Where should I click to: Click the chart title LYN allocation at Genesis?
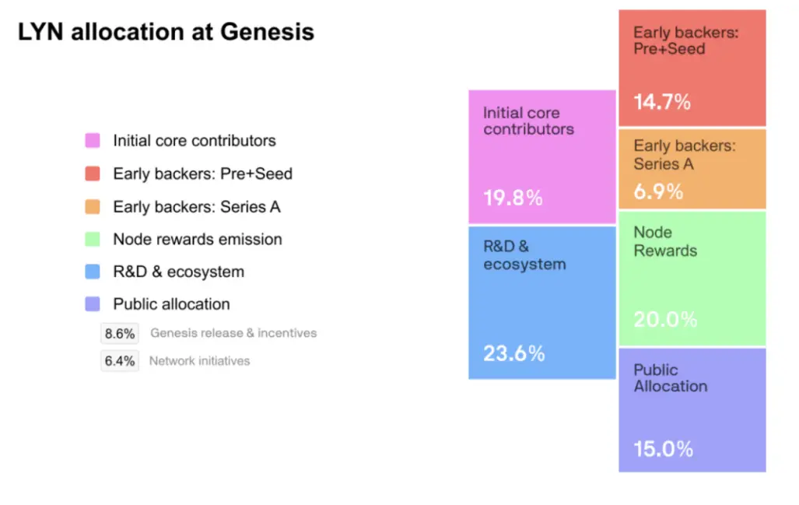pyautogui.click(x=166, y=32)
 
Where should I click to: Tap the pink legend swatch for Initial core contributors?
pyautogui.click(x=93, y=141)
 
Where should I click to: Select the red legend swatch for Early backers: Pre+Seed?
pyautogui.click(x=93, y=174)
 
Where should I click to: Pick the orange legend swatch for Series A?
pyautogui.click(x=93, y=206)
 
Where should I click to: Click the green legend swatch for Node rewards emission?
pyautogui.click(x=93, y=239)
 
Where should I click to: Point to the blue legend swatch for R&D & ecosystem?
pyautogui.click(x=93, y=272)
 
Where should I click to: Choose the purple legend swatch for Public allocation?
pyautogui.click(x=93, y=304)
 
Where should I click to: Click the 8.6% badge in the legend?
pyautogui.click(x=120, y=333)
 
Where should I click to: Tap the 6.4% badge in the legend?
pyautogui.click(x=120, y=361)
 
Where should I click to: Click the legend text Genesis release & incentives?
pyautogui.click(x=233, y=333)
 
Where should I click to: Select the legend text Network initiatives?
pyautogui.click(x=199, y=361)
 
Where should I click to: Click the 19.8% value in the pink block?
pyautogui.click(x=513, y=198)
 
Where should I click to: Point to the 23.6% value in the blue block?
pyautogui.click(x=513, y=353)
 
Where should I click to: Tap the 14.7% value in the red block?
pyautogui.click(x=662, y=102)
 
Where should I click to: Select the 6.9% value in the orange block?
pyautogui.click(x=658, y=191)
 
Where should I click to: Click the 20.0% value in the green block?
pyautogui.click(x=665, y=319)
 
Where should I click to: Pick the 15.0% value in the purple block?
pyautogui.click(x=663, y=449)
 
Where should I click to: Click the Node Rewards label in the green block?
pyautogui.click(x=665, y=241)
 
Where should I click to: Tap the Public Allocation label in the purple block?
pyautogui.click(x=670, y=378)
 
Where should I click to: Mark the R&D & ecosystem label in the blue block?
pyautogui.click(x=524, y=255)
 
